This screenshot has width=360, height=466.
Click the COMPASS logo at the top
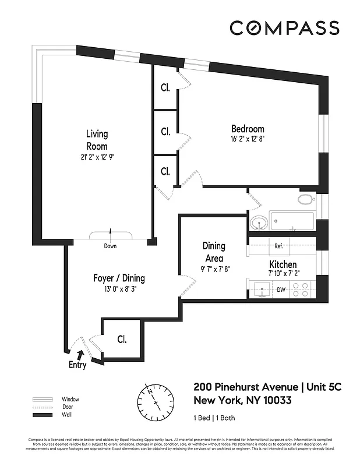click(x=284, y=27)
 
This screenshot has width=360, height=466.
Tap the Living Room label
click(x=97, y=140)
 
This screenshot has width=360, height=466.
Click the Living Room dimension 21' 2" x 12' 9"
click(x=97, y=157)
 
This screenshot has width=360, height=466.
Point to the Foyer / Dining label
click(x=119, y=278)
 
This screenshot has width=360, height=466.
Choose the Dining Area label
click(x=213, y=252)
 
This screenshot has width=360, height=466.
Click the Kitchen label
click(x=282, y=264)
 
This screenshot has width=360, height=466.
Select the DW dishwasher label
click(x=281, y=290)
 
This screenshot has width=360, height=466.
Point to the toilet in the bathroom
click(x=305, y=199)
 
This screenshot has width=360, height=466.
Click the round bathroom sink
click(x=259, y=223)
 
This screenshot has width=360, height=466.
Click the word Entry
click(x=77, y=365)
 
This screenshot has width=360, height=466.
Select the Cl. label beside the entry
click(x=122, y=338)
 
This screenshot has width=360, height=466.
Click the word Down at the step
click(x=110, y=246)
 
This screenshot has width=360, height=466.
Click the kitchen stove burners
click(x=302, y=290)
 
